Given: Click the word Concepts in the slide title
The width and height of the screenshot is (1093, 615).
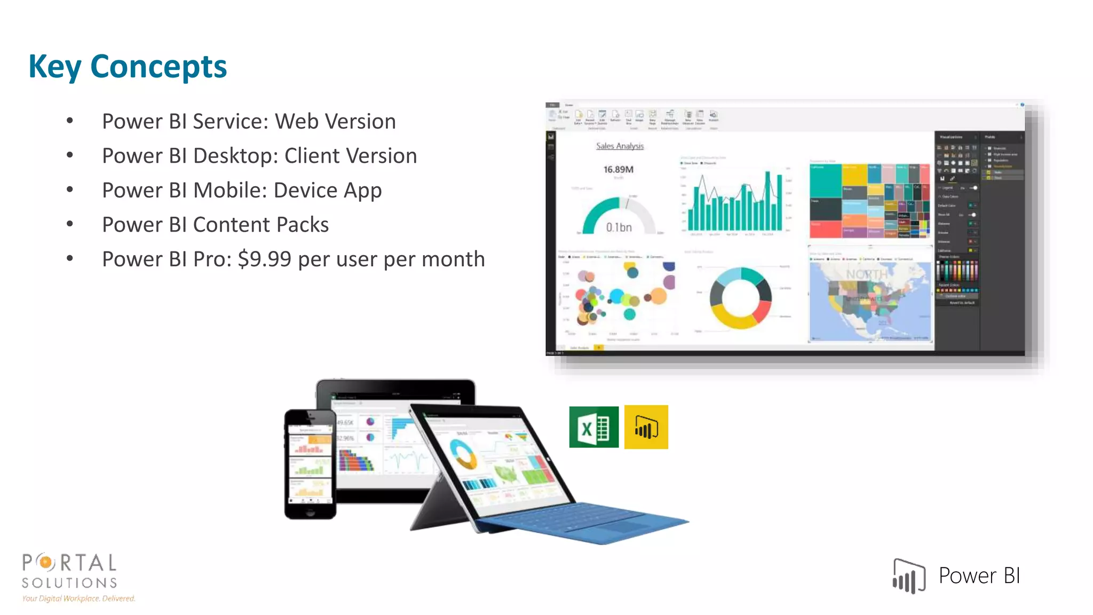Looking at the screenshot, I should (159, 67).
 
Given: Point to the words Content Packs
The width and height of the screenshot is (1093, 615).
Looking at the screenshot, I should (260, 225).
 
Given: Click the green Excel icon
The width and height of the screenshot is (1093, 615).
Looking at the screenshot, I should (593, 427).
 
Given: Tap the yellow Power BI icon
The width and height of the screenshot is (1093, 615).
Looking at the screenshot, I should (646, 427).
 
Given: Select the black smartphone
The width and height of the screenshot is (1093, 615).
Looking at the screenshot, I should (310, 464).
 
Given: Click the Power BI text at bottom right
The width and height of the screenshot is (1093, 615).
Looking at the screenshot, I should (979, 576).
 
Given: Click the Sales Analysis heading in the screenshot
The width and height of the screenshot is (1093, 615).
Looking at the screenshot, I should (620, 146).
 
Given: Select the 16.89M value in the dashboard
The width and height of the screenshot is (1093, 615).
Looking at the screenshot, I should (618, 170).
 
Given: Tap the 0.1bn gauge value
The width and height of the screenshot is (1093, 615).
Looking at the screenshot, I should (619, 227).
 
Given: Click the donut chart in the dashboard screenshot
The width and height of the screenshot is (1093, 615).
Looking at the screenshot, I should (740, 298).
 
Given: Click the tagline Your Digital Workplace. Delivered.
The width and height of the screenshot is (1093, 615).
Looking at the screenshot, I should (78, 598).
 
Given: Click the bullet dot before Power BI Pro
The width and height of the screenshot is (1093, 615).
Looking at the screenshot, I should (70, 259).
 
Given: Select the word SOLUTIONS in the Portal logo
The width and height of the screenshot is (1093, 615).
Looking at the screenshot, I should (69, 582).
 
